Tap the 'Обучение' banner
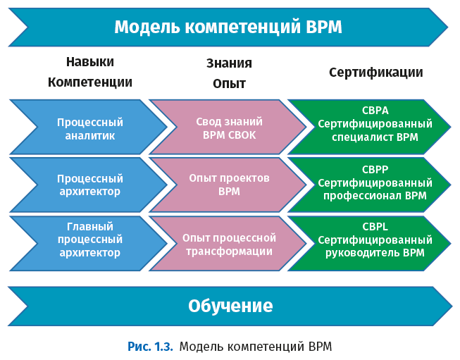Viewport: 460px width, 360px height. click(x=230, y=306)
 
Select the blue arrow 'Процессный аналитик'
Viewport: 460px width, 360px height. click(x=90, y=128)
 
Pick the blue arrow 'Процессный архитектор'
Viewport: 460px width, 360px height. click(x=90, y=185)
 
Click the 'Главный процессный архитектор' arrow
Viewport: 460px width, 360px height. click(x=90, y=240)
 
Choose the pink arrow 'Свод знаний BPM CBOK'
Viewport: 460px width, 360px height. click(x=229, y=128)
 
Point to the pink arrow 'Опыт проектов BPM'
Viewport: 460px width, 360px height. click(x=229, y=185)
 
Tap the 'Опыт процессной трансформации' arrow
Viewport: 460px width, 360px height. click(x=229, y=244)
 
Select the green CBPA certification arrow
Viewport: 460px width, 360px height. click(x=374, y=123)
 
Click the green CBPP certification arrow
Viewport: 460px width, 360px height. click(x=374, y=182)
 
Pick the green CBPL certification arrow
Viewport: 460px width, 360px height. click(x=374, y=241)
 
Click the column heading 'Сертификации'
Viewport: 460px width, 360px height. click(x=375, y=73)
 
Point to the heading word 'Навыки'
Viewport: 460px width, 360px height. click(x=89, y=62)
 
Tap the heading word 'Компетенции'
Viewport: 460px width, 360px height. click(x=89, y=82)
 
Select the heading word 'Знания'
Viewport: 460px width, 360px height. click(x=229, y=63)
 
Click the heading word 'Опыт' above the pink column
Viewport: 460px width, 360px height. click(x=229, y=83)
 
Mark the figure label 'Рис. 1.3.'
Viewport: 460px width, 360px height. click(x=150, y=346)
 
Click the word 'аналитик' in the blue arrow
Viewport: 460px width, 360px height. click(x=90, y=135)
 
